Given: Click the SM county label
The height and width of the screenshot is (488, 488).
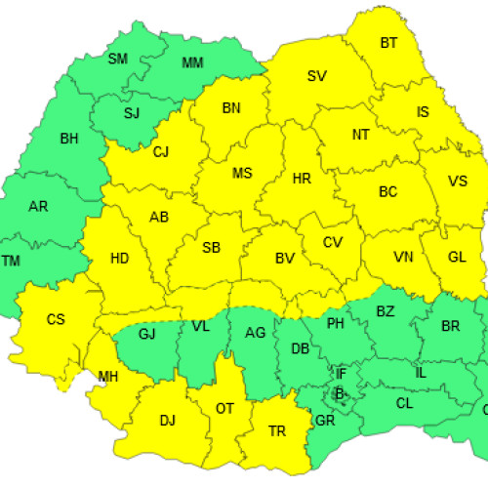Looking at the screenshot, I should [x=117, y=59].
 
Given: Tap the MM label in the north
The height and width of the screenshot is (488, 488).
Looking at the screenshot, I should [x=194, y=64].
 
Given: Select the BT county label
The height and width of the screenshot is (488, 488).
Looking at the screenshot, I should [x=389, y=43].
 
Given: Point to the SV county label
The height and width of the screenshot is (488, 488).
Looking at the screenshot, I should [x=316, y=76].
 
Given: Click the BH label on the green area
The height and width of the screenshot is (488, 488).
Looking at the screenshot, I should [x=68, y=139].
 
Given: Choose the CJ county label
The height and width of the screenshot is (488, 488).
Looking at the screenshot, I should [x=161, y=151].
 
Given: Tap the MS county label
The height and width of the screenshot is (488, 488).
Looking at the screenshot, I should [x=242, y=174].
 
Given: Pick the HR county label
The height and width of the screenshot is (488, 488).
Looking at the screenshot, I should [x=303, y=179].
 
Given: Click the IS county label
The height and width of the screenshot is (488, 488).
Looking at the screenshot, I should [x=423, y=112].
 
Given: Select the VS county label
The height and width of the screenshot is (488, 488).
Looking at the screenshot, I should [x=457, y=182].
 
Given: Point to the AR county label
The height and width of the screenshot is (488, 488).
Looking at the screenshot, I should [x=38, y=207].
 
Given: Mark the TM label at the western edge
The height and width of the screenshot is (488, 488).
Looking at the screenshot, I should [x=11, y=261].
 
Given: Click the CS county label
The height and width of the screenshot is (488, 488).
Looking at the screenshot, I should [x=56, y=319].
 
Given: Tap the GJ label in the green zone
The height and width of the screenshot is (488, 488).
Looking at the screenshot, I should [x=147, y=335].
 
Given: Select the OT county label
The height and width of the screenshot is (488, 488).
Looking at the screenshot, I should [x=224, y=409].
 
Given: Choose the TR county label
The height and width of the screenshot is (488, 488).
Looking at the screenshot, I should [x=277, y=430].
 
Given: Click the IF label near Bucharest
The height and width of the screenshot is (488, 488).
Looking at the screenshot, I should [x=341, y=374].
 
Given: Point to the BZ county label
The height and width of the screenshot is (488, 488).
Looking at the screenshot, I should [x=386, y=311].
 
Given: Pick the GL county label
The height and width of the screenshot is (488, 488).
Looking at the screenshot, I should [x=457, y=258].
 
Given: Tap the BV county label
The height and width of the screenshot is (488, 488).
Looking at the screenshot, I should [x=285, y=259].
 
